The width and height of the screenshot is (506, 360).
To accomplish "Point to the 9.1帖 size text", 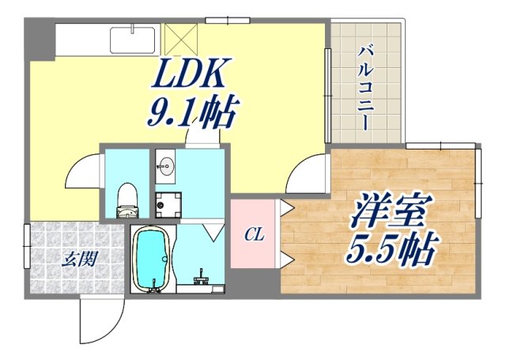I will click(x=192, y=116).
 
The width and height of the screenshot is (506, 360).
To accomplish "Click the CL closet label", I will click(x=253, y=235).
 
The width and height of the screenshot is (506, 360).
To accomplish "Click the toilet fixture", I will click(x=126, y=200).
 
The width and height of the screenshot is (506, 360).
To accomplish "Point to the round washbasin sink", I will click(x=165, y=165).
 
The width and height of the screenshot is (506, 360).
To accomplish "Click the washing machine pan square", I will click(x=166, y=206).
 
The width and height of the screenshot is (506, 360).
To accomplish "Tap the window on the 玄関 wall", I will click(x=27, y=246).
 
